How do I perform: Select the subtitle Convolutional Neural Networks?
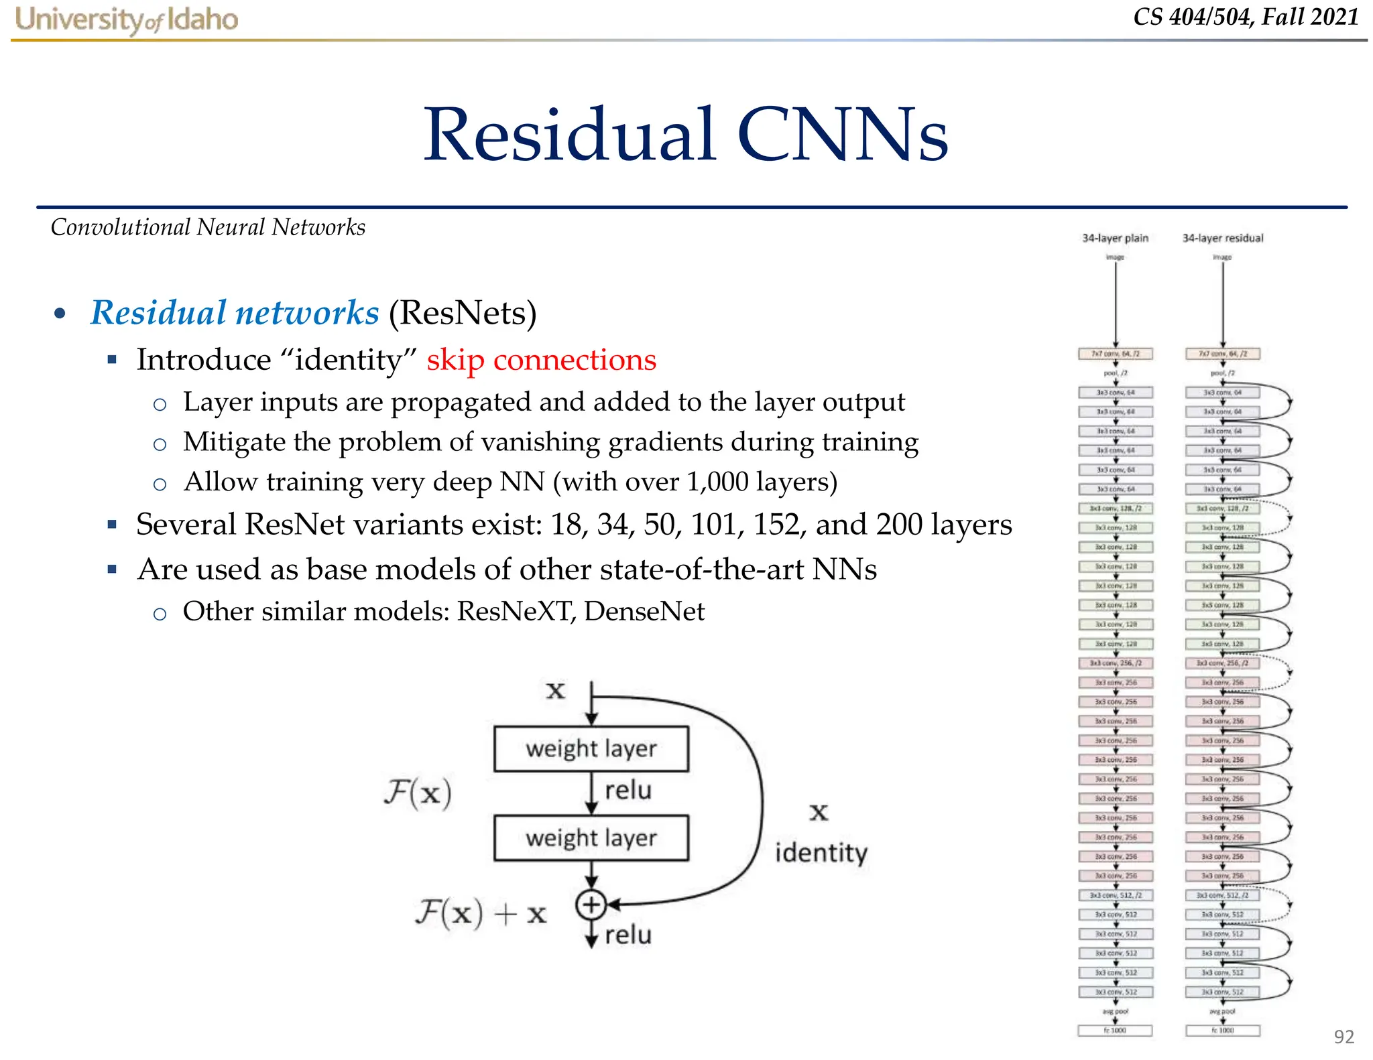coord(208,227)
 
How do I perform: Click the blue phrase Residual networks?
coord(235,313)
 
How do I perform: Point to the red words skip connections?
coord(541,360)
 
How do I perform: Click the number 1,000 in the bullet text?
coord(717,482)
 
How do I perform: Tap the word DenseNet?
coord(644,611)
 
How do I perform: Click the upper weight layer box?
coord(591,748)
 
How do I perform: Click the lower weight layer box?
coord(591,838)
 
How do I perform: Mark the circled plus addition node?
coord(591,905)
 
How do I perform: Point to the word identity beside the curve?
coord(821,853)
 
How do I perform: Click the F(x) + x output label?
coord(481,913)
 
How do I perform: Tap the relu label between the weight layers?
coord(628,791)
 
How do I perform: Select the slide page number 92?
coord(1344,1037)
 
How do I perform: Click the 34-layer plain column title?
coord(1115,238)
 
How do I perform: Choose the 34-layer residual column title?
coord(1222,238)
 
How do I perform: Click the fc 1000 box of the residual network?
coord(1222,1031)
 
